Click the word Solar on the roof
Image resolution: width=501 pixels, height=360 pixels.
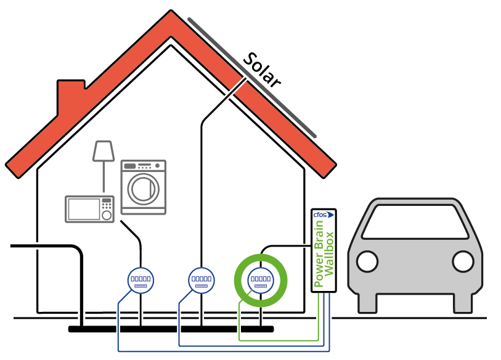point(262,70)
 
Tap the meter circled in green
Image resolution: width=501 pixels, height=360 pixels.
point(261,280)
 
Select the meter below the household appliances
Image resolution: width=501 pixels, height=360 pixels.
point(141,280)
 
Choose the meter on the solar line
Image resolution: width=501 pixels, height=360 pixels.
point(201,280)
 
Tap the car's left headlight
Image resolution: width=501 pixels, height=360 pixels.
point(367,261)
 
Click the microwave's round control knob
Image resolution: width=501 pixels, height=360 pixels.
point(107,216)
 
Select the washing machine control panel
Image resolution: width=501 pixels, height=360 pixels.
point(144,166)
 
